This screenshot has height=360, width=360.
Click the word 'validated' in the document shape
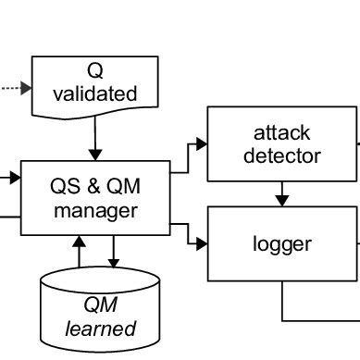[95, 93]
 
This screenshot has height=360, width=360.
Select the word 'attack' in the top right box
[281, 131]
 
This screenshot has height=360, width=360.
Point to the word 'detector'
[281, 155]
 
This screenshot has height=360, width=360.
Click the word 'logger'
[281, 244]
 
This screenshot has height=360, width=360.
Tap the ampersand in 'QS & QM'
[95, 186]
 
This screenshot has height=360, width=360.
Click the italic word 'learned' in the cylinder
[100, 329]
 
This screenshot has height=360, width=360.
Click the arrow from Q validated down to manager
[93, 140]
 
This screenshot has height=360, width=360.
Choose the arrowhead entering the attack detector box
[202, 143]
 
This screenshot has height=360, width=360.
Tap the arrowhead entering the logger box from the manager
[202, 243]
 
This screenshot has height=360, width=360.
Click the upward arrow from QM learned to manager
[79, 250]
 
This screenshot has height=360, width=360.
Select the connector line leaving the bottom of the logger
[282, 301]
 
